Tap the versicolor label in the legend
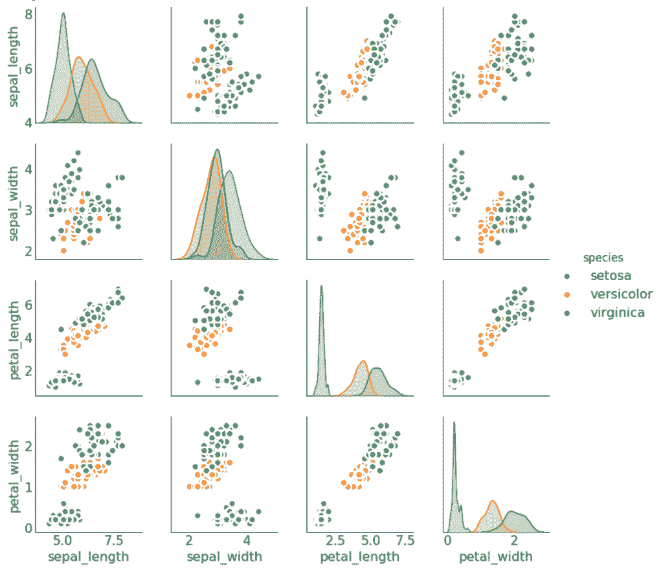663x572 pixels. (x=621, y=294)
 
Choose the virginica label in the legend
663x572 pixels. (x=618, y=313)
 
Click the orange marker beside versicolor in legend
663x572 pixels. (x=567, y=294)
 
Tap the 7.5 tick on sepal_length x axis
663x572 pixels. (x=115, y=541)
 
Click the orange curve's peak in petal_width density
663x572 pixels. (x=493, y=501)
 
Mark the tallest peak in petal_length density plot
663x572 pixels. (x=320, y=286)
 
